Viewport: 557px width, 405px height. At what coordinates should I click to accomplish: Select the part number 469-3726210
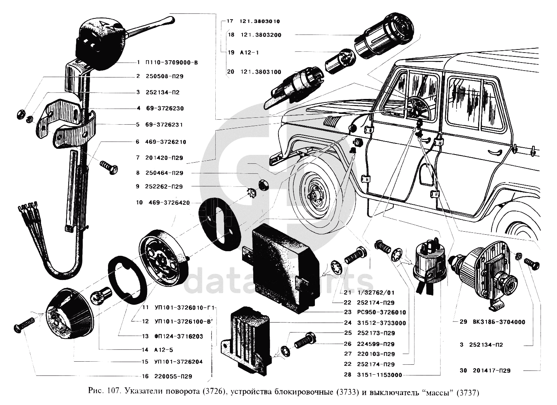165,142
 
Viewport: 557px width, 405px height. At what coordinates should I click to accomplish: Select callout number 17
230,21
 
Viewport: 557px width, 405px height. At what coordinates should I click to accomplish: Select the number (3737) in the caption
468,392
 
